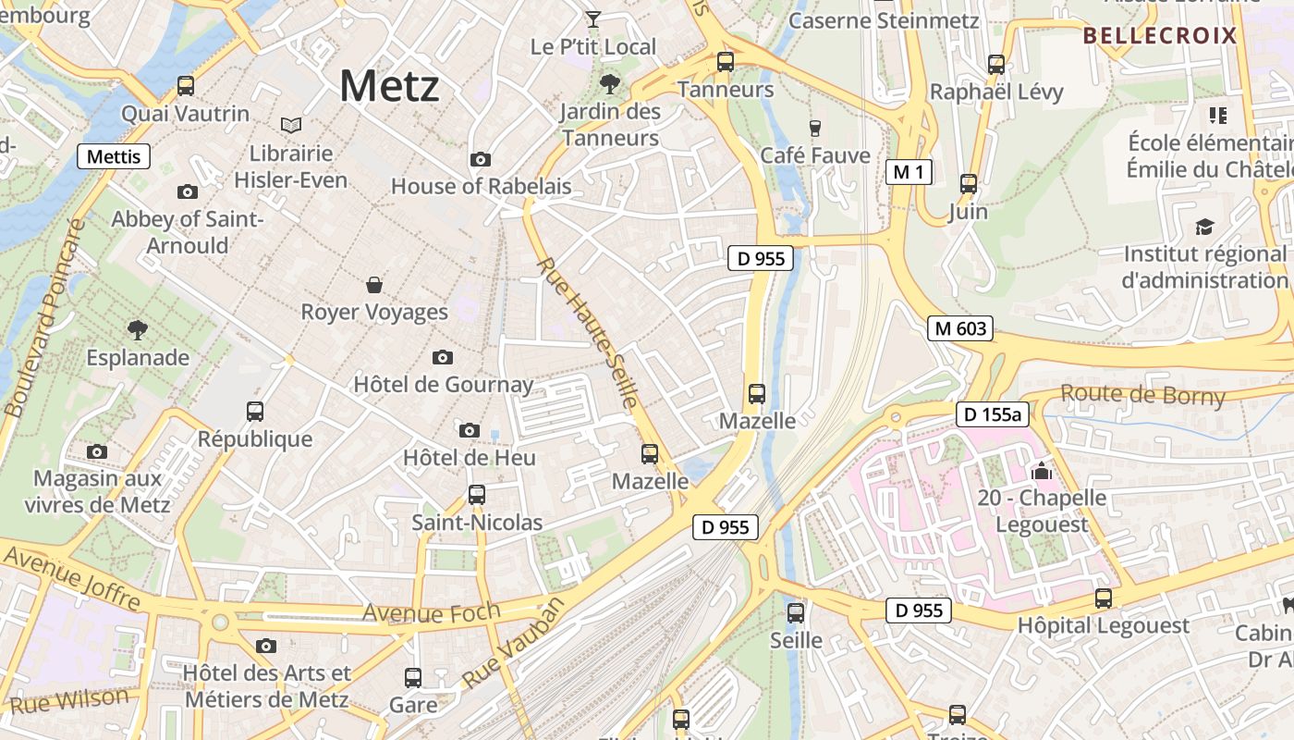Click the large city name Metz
[389, 87]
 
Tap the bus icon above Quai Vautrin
[186, 86]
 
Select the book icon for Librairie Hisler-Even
[291, 125]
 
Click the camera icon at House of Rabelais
[480, 160]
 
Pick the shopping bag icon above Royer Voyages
[374, 284]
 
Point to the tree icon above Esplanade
[138, 329]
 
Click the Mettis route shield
[114, 156]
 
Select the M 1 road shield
[909, 172]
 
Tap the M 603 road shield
[961, 328]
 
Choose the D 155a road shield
[992, 414]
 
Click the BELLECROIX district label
[1159, 36]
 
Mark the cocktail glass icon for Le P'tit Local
[593, 18]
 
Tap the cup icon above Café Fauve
[814, 128]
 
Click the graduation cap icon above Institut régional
[1204, 227]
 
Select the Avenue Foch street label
[432, 612]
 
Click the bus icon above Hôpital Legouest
[1104, 598]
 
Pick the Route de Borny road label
[1142, 395]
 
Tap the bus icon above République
[255, 412]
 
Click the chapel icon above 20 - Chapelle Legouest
[1042, 471]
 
